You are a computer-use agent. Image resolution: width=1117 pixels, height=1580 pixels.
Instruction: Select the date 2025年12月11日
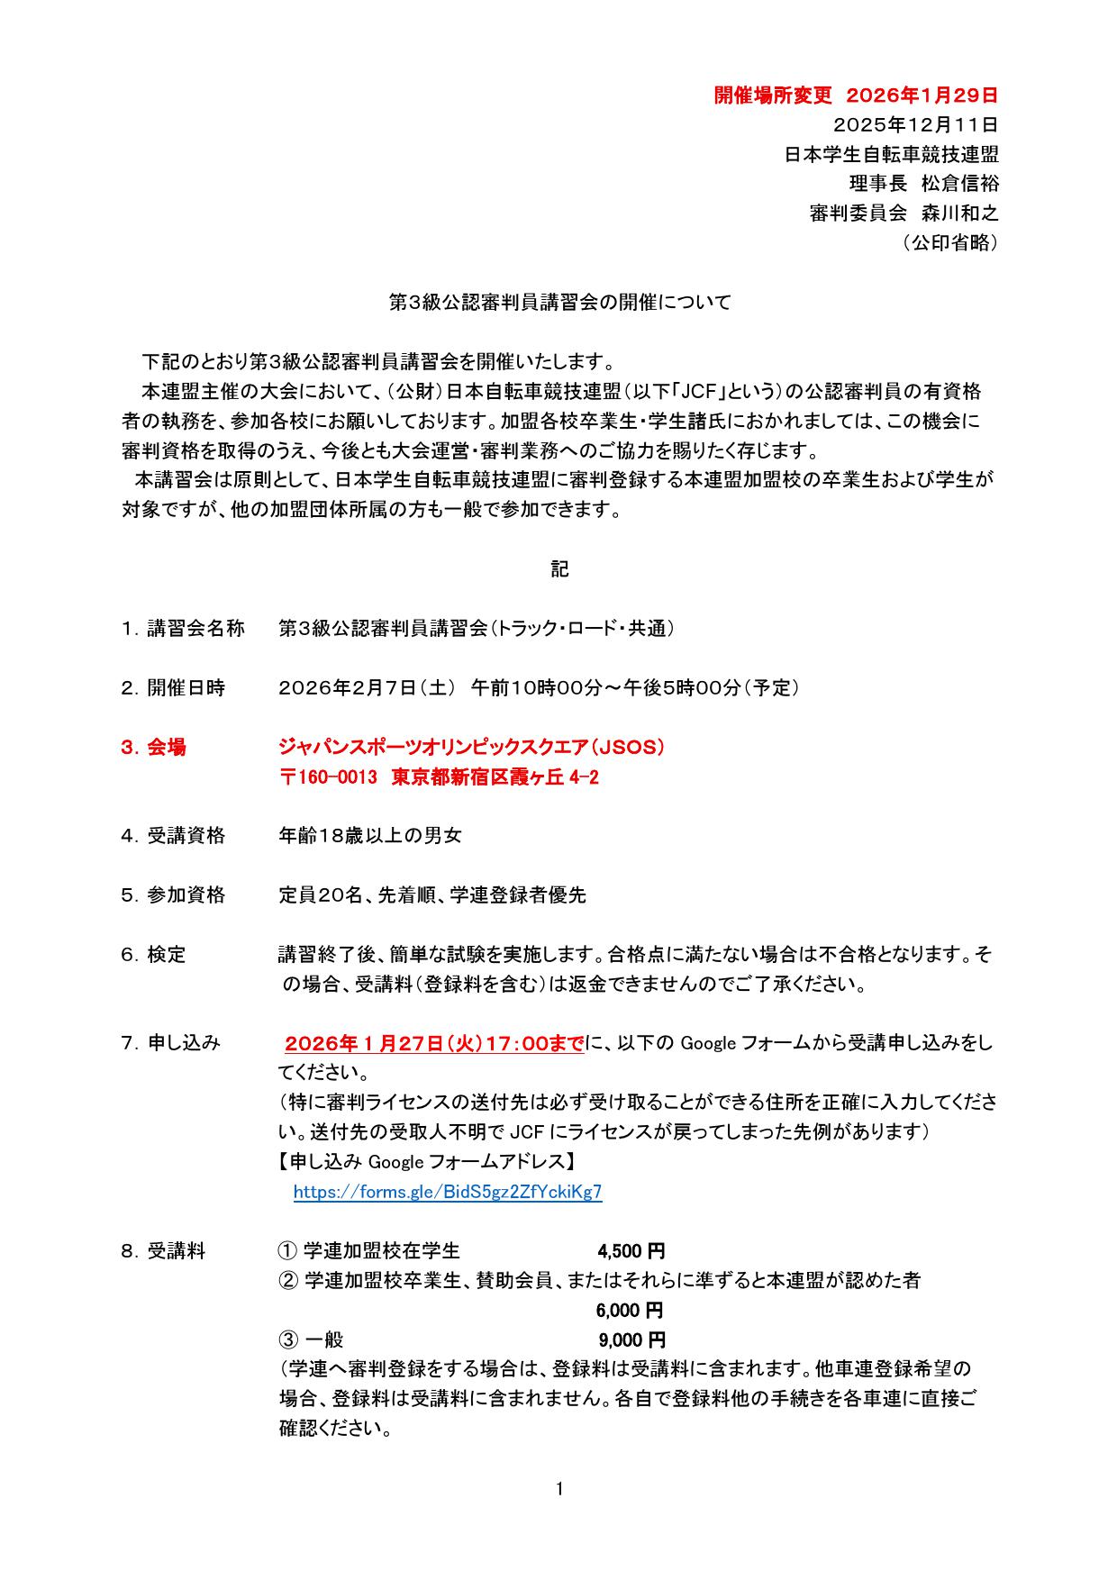(916, 124)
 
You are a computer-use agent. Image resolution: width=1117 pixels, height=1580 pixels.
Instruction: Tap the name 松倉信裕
(960, 184)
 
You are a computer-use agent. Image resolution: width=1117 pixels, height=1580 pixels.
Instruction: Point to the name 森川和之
(960, 213)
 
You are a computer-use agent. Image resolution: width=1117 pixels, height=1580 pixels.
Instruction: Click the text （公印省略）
(949, 243)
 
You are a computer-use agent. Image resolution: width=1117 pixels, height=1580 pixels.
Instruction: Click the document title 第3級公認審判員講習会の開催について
(559, 303)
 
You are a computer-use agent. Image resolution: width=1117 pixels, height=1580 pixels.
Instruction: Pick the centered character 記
(559, 569)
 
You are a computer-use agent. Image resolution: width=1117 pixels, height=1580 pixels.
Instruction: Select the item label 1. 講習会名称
(183, 629)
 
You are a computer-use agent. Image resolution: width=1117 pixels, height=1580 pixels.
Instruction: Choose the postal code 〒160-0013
(328, 778)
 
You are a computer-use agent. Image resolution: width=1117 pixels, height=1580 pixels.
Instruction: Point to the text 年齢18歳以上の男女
(370, 836)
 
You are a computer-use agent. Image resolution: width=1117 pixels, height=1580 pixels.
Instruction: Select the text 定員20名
(321, 895)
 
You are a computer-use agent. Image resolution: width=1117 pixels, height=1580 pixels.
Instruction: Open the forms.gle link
(448, 1192)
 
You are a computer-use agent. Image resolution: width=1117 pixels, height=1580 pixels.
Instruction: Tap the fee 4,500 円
(631, 1251)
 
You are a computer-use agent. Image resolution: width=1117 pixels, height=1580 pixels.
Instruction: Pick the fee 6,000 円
(630, 1310)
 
